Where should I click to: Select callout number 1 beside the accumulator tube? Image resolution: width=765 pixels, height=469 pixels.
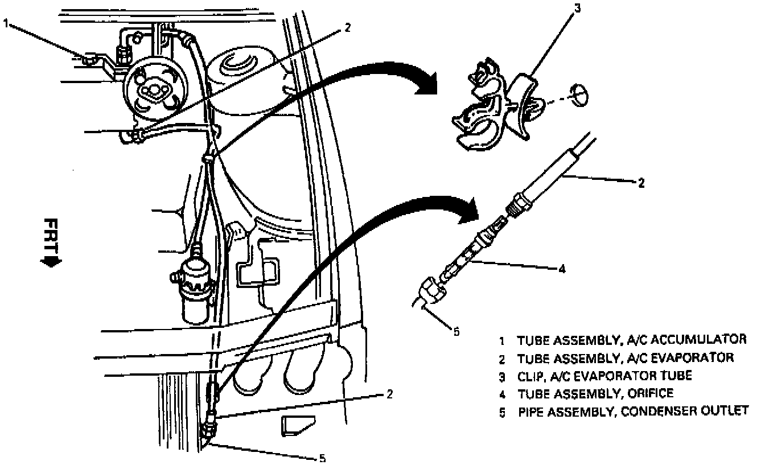6,24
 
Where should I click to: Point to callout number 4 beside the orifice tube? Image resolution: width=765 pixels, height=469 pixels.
562,269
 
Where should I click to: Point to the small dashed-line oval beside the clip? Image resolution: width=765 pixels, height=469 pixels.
579,94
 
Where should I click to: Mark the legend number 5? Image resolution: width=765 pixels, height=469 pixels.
502,412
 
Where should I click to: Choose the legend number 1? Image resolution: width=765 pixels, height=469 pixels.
502,341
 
